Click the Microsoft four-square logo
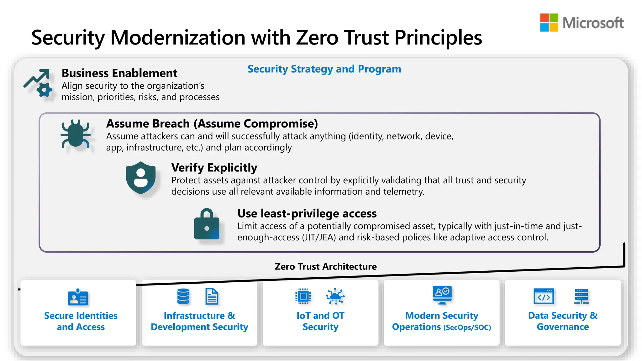(549, 23)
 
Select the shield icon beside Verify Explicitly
(141, 178)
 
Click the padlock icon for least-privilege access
(207, 224)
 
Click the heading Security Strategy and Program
(324, 69)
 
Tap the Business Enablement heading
(119, 73)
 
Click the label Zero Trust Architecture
(325, 266)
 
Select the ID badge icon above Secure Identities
(78, 297)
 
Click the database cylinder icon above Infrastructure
(183, 296)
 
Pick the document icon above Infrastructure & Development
(212, 296)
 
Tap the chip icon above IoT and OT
(303, 296)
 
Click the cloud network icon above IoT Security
(335, 296)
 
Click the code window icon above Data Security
(544, 296)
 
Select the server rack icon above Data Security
(581, 296)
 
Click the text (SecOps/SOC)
(467, 327)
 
